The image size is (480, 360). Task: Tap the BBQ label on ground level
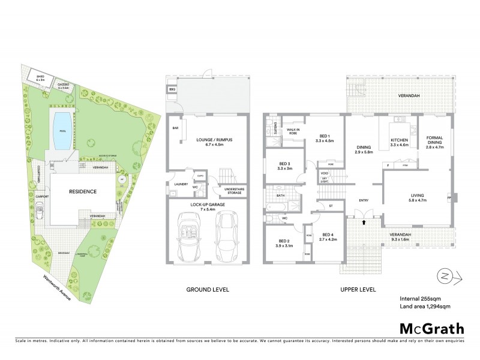coord(173,89)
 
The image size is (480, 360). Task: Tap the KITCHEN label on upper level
coord(399,142)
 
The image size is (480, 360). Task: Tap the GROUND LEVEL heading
coord(208,289)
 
